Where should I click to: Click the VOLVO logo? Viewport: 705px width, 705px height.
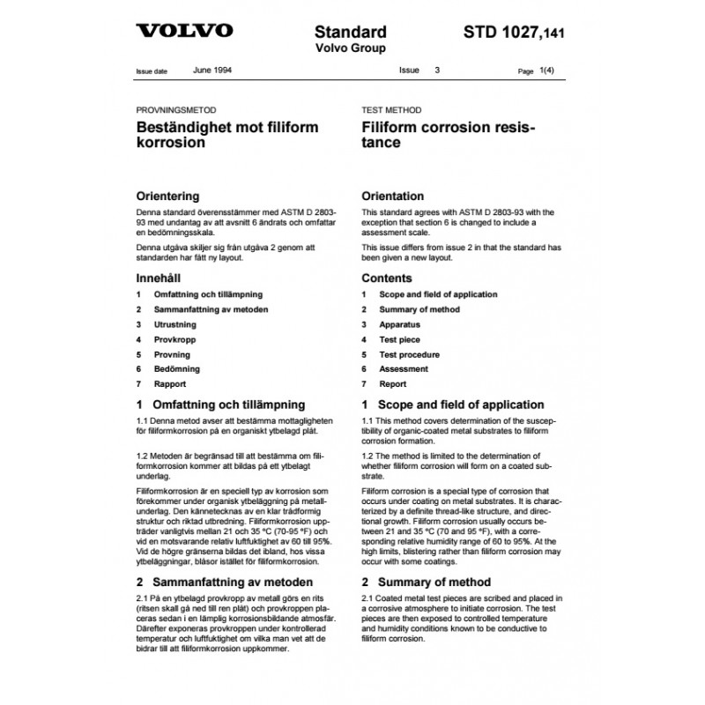[x=185, y=32]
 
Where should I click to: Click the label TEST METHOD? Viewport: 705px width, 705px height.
[x=392, y=110]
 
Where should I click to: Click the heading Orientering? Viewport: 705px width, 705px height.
[x=168, y=196]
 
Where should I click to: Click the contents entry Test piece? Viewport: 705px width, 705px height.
[x=399, y=339]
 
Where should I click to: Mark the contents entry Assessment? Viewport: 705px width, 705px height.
[x=404, y=369]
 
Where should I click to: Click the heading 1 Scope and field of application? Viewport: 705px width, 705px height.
[x=453, y=404]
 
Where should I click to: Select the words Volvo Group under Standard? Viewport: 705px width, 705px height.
[x=351, y=48]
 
